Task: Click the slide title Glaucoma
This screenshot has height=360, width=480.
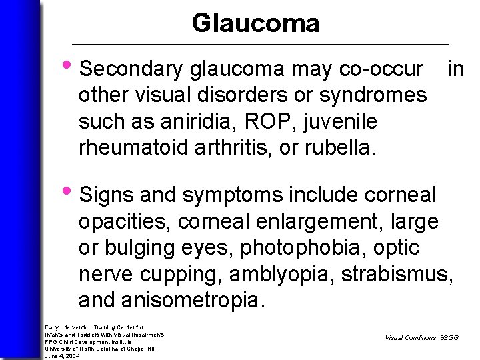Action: (255, 23)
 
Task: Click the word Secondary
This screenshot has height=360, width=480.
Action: (131, 69)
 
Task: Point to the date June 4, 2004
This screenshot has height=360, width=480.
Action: (62, 355)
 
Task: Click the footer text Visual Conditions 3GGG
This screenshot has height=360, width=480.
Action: (421, 338)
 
